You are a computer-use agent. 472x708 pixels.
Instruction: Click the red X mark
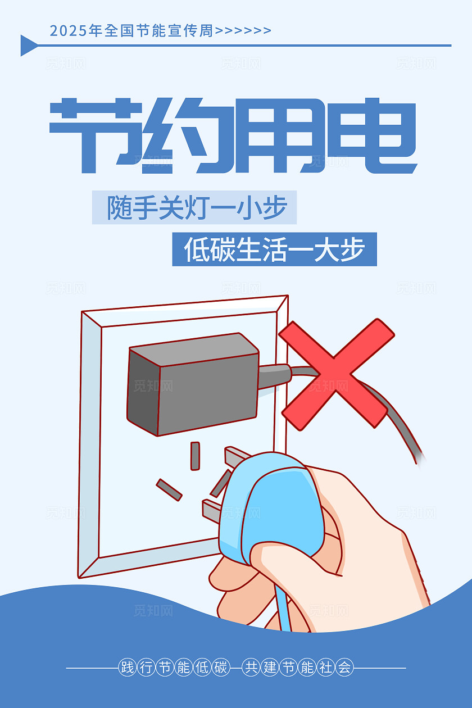(x=336, y=374)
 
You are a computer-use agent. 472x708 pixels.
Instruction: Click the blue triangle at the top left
(x=28, y=46)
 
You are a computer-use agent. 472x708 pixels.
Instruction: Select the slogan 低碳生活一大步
(x=274, y=249)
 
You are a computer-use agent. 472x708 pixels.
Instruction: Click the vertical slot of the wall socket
(x=195, y=456)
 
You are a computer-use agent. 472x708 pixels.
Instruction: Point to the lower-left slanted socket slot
(x=169, y=489)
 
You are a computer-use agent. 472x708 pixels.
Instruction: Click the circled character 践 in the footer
(x=128, y=668)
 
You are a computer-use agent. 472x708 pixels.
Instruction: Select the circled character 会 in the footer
(x=344, y=668)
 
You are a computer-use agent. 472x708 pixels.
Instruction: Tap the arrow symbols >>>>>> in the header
(x=243, y=31)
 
